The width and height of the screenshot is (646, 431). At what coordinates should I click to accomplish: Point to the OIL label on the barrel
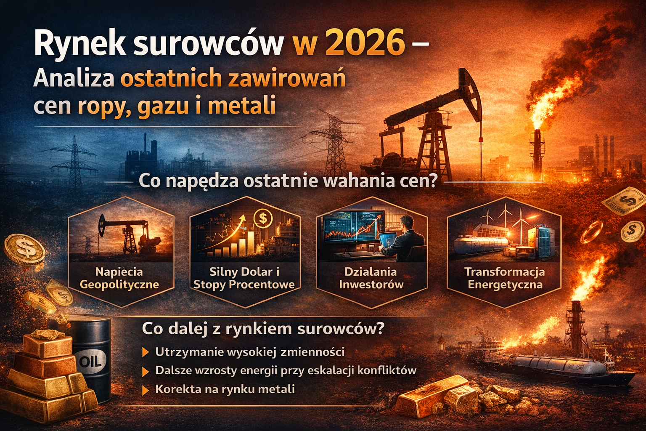(90, 362)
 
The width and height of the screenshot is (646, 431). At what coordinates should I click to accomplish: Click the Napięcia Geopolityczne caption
(119, 278)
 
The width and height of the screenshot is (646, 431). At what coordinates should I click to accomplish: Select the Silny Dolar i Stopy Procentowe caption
(244, 278)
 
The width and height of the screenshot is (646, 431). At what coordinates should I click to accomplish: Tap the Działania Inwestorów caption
(371, 278)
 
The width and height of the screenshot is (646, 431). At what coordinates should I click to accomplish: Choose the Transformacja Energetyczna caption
(505, 278)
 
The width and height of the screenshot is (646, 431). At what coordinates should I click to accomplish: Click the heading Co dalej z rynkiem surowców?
(263, 328)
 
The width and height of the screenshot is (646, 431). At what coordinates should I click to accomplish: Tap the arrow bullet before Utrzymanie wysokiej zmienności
(146, 352)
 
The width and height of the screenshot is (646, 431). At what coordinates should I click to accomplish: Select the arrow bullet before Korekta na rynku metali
(146, 390)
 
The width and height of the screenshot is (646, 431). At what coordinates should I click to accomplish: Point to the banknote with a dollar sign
(623, 202)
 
